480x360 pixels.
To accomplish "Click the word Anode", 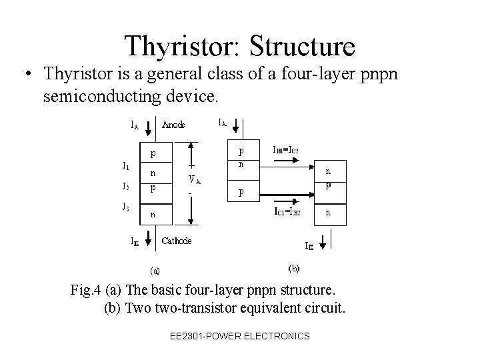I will [x=174, y=124].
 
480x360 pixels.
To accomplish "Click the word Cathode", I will [x=177, y=241].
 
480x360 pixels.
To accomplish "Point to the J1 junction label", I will [x=125, y=166].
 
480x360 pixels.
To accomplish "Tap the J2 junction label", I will [x=125, y=186].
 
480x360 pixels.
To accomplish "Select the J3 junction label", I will [x=125, y=207].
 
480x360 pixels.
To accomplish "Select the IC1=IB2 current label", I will [x=287, y=213].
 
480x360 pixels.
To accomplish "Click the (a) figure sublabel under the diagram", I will [x=154, y=271].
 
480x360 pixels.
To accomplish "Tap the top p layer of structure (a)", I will [x=153, y=153].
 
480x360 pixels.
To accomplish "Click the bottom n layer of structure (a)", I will [x=153, y=215].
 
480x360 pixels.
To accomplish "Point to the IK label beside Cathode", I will [x=135, y=242].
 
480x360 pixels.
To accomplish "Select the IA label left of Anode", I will [x=135, y=125].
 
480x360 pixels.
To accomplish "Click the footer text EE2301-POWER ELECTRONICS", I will [x=240, y=336].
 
